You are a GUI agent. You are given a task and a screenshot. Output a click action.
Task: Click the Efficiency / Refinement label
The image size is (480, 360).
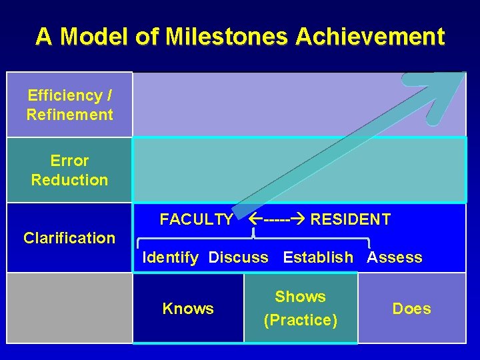coord(69,105)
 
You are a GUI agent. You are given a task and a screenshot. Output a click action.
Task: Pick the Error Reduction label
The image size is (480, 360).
coord(69,170)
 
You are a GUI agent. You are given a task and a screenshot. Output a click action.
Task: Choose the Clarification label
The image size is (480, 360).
coord(69,238)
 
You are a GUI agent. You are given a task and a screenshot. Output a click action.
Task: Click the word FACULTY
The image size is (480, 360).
coord(197,219)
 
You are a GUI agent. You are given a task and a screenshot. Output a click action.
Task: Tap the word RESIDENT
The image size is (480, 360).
coord(351,219)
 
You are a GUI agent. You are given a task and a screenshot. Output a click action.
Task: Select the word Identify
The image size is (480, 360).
coord(171,257)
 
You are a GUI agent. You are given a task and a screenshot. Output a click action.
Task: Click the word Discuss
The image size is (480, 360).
coord(239,257)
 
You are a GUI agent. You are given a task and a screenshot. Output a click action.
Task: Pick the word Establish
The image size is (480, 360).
coord(318,257)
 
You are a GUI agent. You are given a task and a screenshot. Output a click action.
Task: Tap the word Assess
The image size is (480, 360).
coord(395,257)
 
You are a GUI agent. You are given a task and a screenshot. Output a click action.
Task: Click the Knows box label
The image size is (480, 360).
coord(188,309)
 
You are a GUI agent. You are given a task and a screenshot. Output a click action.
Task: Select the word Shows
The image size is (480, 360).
coord(300,297)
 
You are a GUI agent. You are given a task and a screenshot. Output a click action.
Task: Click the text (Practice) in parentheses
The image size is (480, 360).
coord(301,320)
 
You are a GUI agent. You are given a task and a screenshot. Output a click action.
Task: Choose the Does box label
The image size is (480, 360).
coord(411,309)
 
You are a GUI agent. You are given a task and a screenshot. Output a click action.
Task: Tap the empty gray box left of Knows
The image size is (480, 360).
coord(69,308)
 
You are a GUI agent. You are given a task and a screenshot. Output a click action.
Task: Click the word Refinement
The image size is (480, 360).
coord(69,115)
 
